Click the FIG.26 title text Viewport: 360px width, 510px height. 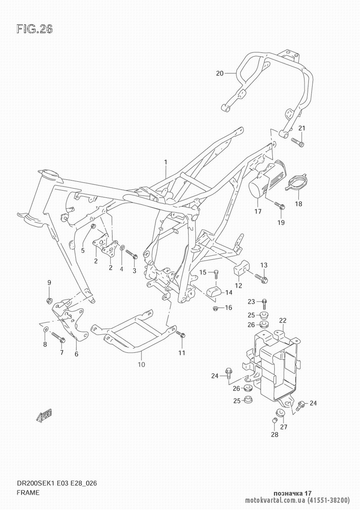coord(35,29)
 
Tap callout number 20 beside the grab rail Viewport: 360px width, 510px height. coord(220,73)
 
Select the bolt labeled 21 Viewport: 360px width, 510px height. coord(297,142)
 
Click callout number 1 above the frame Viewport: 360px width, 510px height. coord(166,162)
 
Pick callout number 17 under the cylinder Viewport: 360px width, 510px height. coord(258,212)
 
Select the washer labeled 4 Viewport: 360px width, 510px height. coord(122,248)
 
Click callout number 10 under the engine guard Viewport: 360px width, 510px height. coord(141,365)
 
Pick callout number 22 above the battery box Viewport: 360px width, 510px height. coord(283,321)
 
